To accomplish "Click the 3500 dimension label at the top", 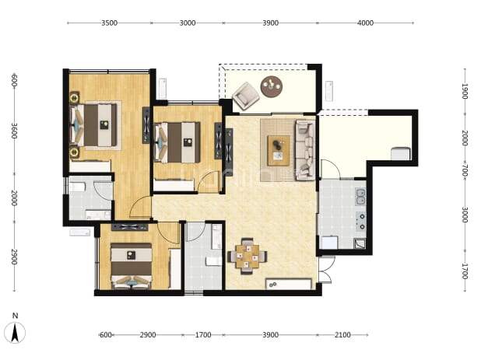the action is point(110,23).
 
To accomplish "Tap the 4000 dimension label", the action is point(365,23).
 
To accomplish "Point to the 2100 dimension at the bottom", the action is point(342,335).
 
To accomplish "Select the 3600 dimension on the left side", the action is point(14,131).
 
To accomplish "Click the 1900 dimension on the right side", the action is point(465,91).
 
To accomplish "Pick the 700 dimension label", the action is point(465,170).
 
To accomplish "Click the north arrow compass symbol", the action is point(15,330).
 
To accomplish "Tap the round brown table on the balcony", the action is point(272,86).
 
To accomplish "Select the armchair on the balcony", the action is point(246,96).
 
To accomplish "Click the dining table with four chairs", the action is point(248,256).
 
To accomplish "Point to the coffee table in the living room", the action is point(278,151).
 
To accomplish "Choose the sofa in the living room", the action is point(305,150).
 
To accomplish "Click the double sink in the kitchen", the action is point(360,197).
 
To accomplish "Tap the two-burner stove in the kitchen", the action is point(361,221).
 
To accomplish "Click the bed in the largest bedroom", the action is point(94,124).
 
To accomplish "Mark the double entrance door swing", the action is point(325,270).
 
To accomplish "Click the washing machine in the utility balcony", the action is point(401,153).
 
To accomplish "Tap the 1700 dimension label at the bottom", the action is point(203,335).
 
